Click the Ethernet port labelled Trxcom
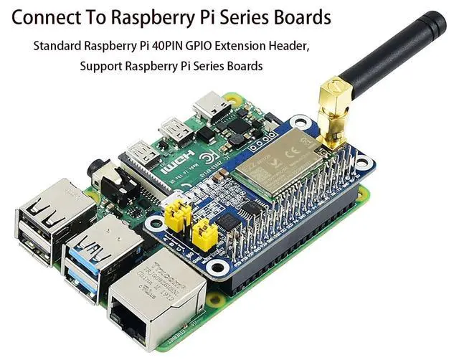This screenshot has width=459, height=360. pyautogui.click(x=154, y=301)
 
